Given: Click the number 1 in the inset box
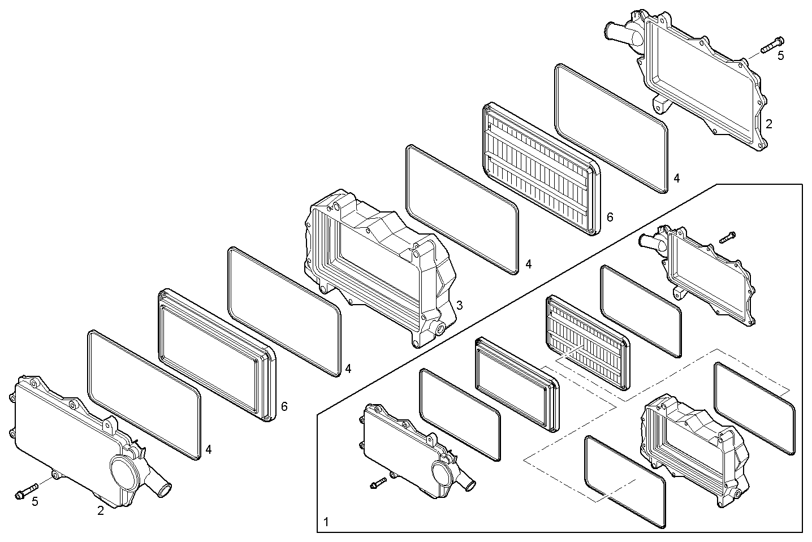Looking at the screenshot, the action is (326, 522).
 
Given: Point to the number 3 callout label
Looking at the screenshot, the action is (459, 305).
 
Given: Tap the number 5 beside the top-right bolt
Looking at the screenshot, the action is (780, 56).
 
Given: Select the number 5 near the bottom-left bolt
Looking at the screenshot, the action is (35, 502).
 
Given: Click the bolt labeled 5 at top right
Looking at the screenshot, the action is (772, 45).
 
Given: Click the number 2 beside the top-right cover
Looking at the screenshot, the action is (769, 124).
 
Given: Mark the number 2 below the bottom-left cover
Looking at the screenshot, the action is (101, 510).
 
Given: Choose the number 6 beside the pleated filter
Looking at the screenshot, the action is (610, 218).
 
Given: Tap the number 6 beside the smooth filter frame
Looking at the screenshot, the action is (284, 406).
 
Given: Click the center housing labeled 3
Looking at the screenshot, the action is (381, 268).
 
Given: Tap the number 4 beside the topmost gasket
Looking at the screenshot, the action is (676, 178).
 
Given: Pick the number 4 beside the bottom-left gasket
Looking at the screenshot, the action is (208, 450).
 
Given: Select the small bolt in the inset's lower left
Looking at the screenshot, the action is (378, 483).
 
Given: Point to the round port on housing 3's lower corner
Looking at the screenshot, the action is (441, 329).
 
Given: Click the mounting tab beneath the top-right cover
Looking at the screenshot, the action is (660, 105).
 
